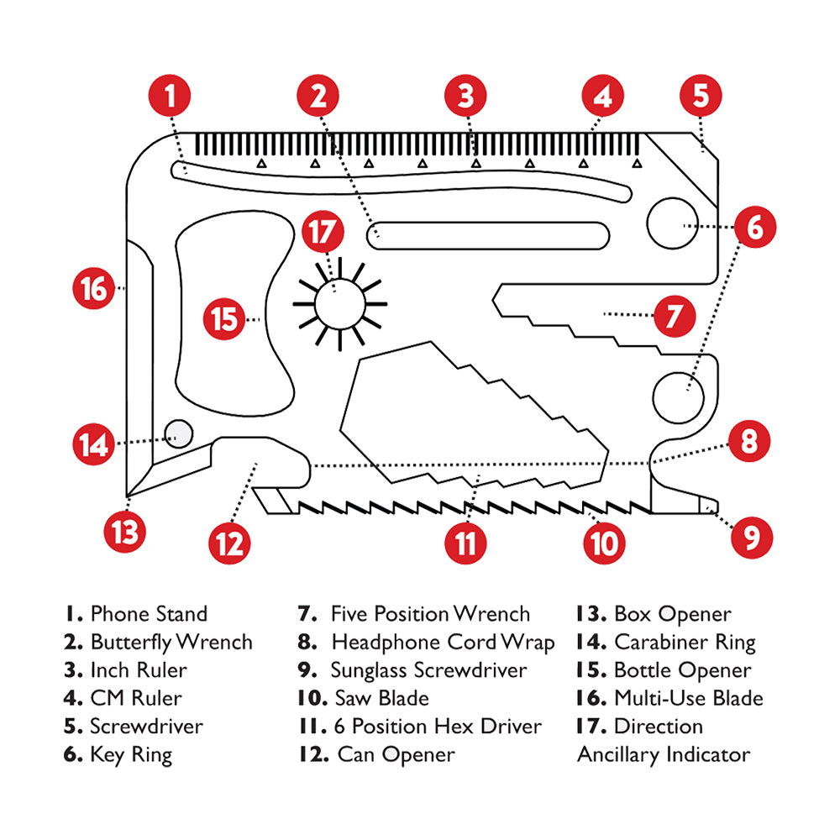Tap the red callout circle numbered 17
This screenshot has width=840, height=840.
tap(323, 233)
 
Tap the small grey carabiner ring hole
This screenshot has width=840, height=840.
tap(179, 433)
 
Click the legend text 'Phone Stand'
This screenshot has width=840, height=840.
tap(148, 614)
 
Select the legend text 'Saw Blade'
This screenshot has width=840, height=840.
tap(381, 698)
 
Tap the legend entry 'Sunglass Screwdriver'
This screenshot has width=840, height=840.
tap(428, 670)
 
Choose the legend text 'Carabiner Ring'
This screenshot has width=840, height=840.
tap(685, 643)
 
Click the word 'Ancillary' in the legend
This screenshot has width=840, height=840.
tap(617, 754)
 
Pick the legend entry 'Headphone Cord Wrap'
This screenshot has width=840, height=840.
tap(443, 643)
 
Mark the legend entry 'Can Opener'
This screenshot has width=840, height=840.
tap(396, 754)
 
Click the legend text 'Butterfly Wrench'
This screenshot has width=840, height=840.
tap(171, 643)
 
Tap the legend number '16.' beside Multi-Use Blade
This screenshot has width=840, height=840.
tap(591, 698)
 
